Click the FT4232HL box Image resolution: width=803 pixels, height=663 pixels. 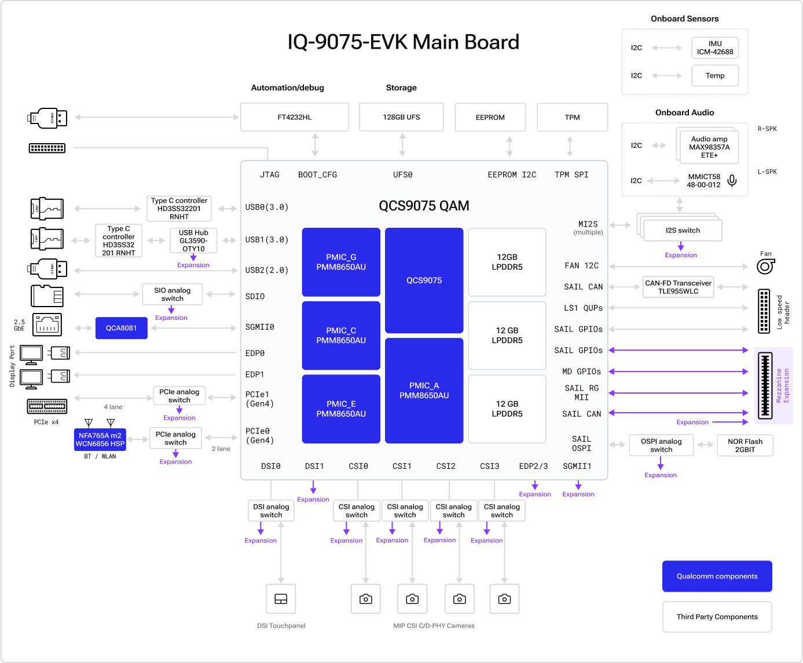point(294,117)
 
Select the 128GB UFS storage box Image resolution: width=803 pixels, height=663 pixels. point(401,117)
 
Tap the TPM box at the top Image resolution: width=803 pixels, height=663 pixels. point(572,117)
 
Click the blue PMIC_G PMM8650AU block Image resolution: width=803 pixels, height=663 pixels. point(341,262)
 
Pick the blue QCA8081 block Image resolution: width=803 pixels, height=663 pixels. point(121,328)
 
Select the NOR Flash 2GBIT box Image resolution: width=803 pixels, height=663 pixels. point(745,445)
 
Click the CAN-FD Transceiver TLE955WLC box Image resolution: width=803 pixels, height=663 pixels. point(678,287)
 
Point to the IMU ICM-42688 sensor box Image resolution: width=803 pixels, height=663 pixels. point(714,48)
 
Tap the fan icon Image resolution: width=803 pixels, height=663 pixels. point(765,266)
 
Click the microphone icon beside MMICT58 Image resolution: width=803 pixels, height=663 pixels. point(732,181)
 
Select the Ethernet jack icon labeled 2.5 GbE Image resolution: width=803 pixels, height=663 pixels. point(47,325)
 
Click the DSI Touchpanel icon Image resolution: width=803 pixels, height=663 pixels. point(281,599)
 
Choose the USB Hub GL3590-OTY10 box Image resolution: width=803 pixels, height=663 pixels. point(193,241)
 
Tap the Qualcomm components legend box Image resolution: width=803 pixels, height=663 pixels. point(717,576)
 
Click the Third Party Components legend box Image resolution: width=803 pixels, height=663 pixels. point(717,617)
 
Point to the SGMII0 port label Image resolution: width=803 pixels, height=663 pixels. point(259,327)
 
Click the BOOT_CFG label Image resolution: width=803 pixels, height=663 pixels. point(317,174)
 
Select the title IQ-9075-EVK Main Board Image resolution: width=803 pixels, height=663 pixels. point(403,42)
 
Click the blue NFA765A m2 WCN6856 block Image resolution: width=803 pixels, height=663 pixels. point(100,439)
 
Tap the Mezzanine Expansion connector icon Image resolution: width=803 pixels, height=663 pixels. point(765,385)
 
